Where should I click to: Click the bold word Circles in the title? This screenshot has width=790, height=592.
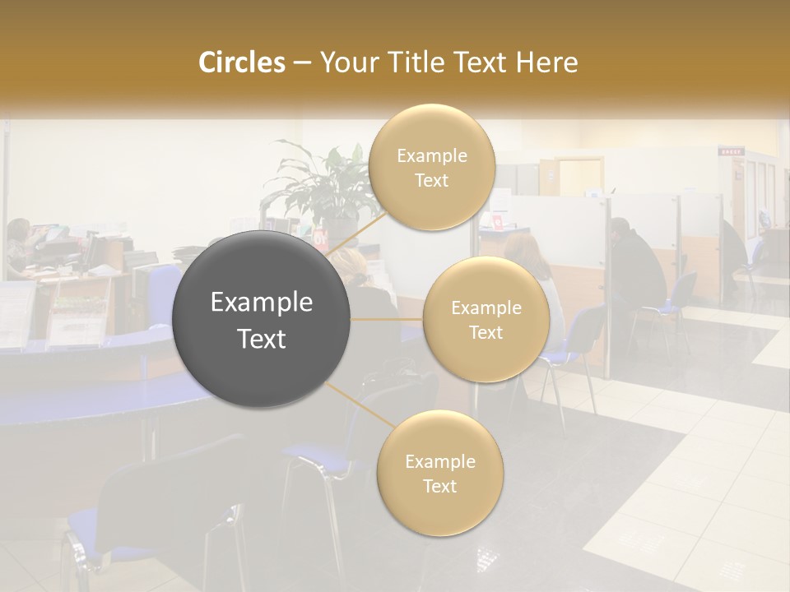(241, 62)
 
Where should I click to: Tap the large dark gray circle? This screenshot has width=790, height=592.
(262, 320)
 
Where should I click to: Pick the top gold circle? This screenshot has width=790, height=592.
(432, 168)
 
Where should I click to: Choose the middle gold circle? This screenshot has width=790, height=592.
(486, 320)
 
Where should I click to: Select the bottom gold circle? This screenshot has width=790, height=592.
(439, 474)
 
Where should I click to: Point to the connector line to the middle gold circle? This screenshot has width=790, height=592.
(386, 319)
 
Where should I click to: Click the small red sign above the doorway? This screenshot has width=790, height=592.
(730, 151)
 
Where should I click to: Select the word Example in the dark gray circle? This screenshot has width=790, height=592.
(262, 303)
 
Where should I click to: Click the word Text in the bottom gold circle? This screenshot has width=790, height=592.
(439, 486)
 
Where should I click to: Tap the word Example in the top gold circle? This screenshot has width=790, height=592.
(432, 155)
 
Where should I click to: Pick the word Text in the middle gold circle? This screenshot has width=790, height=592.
(486, 332)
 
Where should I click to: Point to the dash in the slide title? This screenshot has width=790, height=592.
(301, 62)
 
